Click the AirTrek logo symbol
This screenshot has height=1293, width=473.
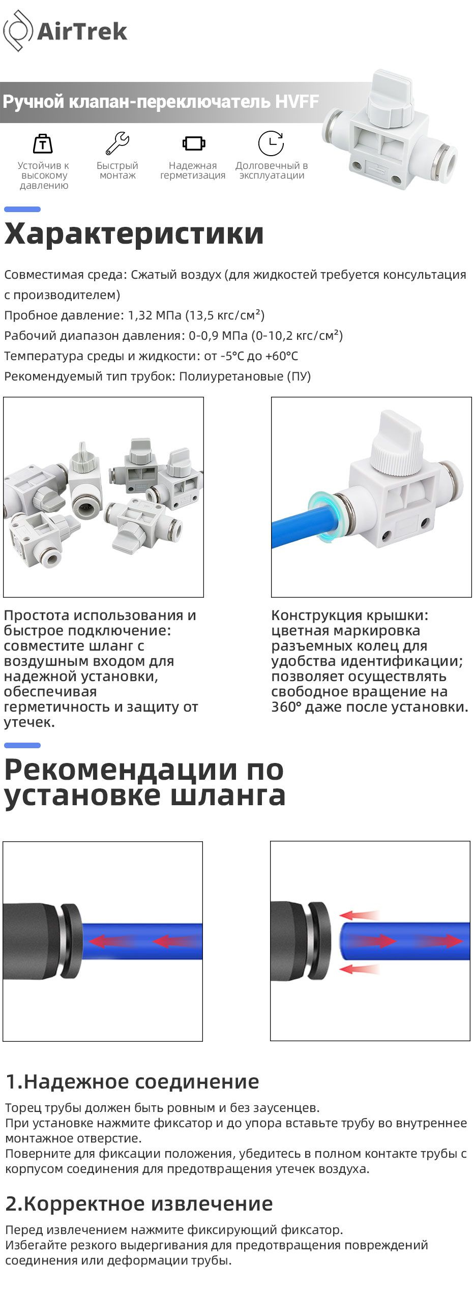coord(18,31)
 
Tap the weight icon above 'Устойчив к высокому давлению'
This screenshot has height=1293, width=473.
coord(43,144)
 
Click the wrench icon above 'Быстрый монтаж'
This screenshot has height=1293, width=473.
coord(117,143)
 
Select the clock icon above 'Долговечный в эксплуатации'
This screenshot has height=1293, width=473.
coord(271,143)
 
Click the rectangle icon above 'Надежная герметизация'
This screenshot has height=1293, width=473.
coord(194,143)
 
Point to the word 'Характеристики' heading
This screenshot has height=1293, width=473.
coord(134,233)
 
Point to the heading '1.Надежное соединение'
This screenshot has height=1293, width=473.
coord(132,1081)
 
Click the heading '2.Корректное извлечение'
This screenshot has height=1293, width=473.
coord(139,1204)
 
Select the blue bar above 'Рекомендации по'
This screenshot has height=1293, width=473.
coord(22,746)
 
